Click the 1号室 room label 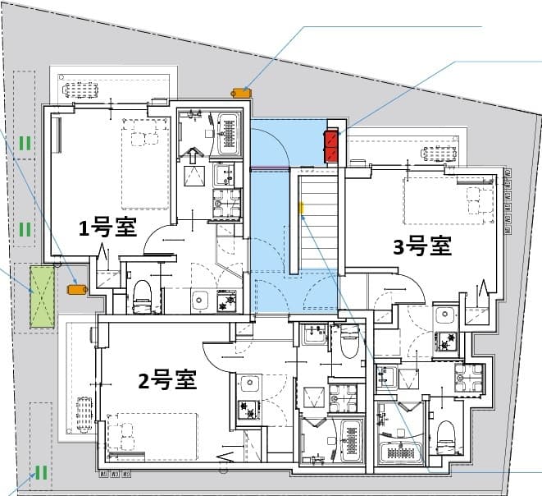click(x=107, y=227)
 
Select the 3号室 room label click(x=422, y=246)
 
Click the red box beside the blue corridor click(x=332, y=146)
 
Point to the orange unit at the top click(x=240, y=91)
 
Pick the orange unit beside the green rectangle click(x=78, y=288)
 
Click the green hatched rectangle click(x=42, y=297)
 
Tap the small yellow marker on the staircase click(x=301, y=209)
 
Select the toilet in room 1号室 click(x=143, y=296)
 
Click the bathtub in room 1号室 click(x=229, y=133)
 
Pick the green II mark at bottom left click(x=39, y=472)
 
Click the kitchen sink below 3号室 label click(x=445, y=315)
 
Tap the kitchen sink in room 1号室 click(x=199, y=301)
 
